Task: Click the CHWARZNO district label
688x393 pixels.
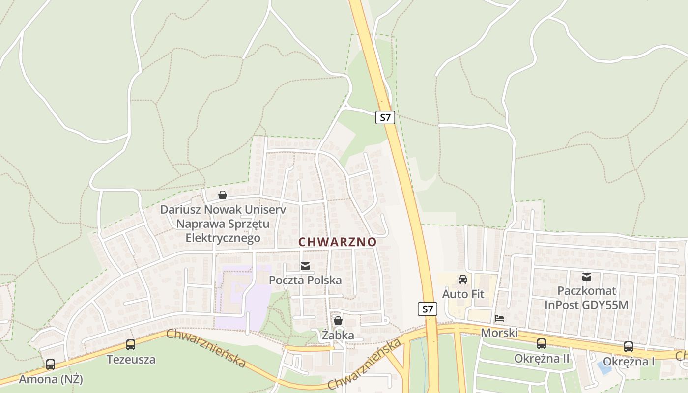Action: pyautogui.click(x=337, y=242)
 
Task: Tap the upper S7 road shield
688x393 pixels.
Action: pyautogui.click(x=386, y=117)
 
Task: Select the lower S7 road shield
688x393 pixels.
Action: pyautogui.click(x=428, y=309)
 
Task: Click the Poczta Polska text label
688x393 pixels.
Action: pyautogui.click(x=305, y=280)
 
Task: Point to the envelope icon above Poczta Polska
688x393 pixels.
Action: pyautogui.click(x=305, y=266)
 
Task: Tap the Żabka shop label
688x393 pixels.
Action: pyautogui.click(x=338, y=336)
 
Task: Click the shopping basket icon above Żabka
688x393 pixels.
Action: pyautogui.click(x=338, y=321)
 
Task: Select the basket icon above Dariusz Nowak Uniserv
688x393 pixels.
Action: pyautogui.click(x=223, y=195)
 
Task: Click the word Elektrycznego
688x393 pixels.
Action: pyautogui.click(x=223, y=238)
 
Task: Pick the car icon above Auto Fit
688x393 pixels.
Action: pyautogui.click(x=462, y=280)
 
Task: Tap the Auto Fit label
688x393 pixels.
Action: pyautogui.click(x=463, y=294)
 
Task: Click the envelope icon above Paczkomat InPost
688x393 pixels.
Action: pyautogui.click(x=586, y=277)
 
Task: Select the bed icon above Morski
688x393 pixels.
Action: pyautogui.click(x=499, y=318)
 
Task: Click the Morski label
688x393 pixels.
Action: pyautogui.click(x=499, y=333)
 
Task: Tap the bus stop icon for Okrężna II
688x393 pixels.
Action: pyautogui.click(x=541, y=344)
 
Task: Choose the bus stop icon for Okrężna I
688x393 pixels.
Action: pyautogui.click(x=629, y=347)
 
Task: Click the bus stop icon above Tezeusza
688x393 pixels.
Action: pyautogui.click(x=131, y=345)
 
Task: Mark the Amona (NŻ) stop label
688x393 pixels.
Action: pyautogui.click(x=51, y=379)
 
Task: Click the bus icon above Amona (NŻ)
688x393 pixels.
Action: pyautogui.click(x=51, y=365)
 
